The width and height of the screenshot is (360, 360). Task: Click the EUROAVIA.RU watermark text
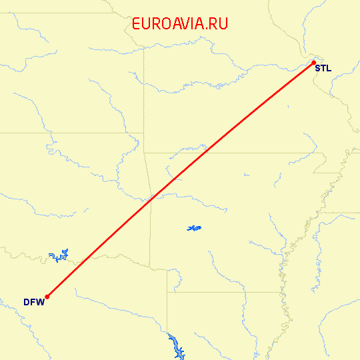180,23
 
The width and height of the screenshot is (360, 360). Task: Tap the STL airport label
323,68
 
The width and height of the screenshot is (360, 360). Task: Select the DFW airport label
33,302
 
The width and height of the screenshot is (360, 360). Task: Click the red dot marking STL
313,63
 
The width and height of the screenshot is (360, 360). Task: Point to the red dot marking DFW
47,297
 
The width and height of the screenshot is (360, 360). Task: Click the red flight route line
180,180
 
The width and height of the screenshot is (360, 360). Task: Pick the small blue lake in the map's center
194,229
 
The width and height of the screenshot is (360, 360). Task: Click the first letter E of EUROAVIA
137,23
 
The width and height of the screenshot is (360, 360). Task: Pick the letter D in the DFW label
27,302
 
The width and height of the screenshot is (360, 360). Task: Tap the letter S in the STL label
317,68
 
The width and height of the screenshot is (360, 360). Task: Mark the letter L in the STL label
328,68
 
